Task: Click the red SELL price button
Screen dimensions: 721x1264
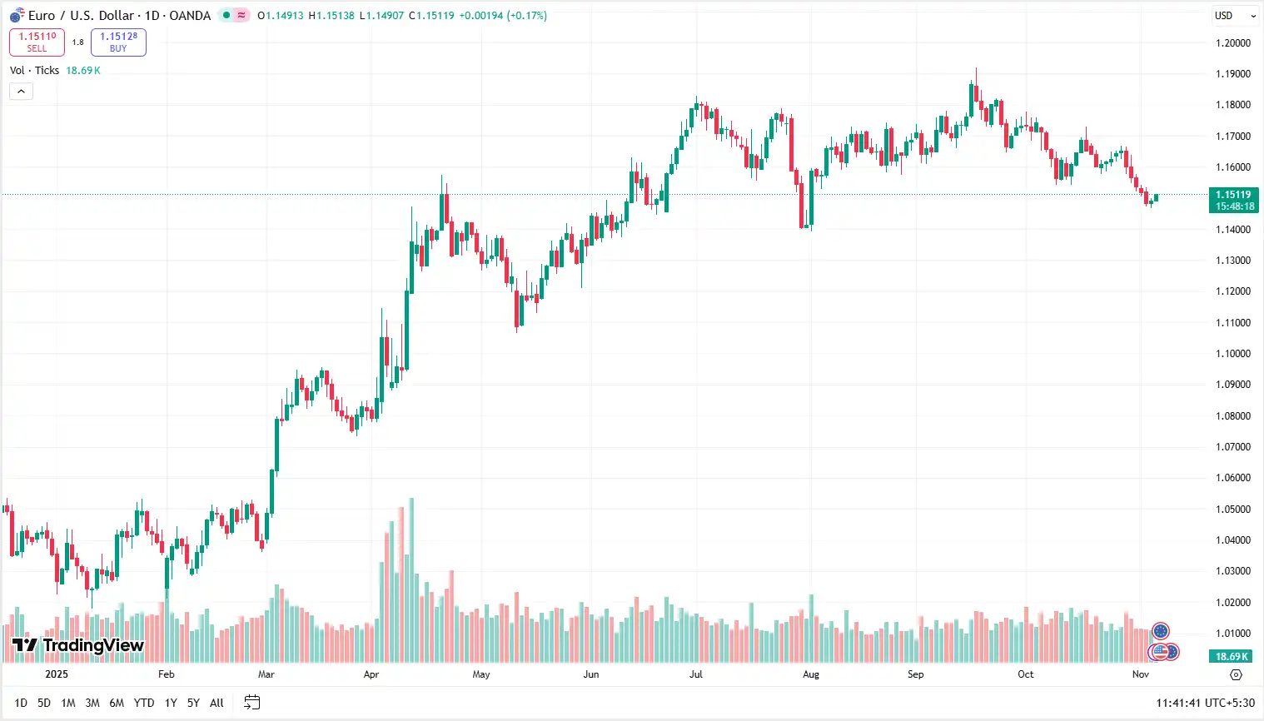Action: pos(37,42)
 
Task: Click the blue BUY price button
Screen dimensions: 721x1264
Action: pos(118,42)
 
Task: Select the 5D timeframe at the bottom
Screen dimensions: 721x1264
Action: pos(44,703)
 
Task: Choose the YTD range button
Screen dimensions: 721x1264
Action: pos(144,703)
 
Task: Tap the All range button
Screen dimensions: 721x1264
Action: pos(216,703)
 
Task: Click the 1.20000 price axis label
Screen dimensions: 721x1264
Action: pos(1233,43)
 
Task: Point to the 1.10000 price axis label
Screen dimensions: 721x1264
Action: pos(1233,354)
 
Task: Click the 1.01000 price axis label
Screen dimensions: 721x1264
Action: pos(1233,634)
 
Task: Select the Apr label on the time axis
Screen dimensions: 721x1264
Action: pos(371,674)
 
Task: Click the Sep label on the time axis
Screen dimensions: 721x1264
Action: pos(915,674)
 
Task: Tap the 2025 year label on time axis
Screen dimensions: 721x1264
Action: pos(57,674)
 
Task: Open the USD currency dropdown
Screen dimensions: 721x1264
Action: pos(1235,16)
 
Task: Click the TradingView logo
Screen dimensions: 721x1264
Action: pos(78,645)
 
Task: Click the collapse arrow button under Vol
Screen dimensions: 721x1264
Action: pos(21,92)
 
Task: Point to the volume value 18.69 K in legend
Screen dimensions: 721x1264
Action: pos(83,71)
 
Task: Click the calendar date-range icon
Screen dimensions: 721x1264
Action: pos(251,703)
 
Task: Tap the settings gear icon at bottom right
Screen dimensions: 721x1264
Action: pos(1236,674)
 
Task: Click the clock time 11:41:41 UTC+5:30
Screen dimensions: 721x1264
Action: pos(1205,703)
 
